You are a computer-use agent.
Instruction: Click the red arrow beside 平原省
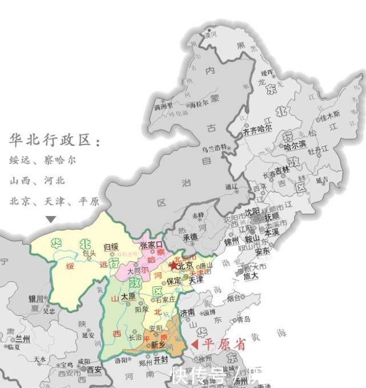(x=194, y=344)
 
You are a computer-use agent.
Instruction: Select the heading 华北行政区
(x=55, y=140)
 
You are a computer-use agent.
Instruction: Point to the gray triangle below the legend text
(x=51, y=219)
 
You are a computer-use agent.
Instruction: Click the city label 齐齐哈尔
(x=258, y=130)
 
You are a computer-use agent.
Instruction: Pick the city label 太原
(x=127, y=296)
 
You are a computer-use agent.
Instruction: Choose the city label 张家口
(x=151, y=245)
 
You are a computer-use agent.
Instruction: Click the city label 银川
(x=37, y=299)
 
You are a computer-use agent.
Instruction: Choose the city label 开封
(x=161, y=360)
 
